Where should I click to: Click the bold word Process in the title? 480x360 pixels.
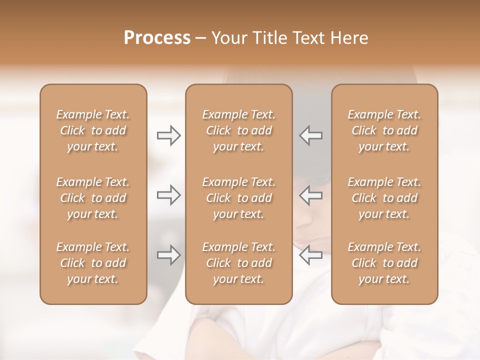point(157,38)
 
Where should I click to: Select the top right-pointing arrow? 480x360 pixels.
point(168,135)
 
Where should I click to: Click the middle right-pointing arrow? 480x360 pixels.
point(168,195)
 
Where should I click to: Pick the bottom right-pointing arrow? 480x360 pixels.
point(168,255)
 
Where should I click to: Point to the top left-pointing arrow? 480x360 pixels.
point(310,135)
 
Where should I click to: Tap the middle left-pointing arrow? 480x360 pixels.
point(310,195)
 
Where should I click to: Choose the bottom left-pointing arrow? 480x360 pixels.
point(310,255)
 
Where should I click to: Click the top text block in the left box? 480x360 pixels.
point(93,130)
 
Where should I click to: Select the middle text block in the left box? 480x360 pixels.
point(93,198)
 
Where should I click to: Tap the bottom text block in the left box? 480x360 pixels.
point(93,263)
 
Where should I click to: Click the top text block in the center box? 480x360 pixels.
point(239,130)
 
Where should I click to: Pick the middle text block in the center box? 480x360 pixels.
point(239,198)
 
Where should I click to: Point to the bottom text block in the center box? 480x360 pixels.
point(239,263)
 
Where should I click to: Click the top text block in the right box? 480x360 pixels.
point(384,130)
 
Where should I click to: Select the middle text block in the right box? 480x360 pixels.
point(384,198)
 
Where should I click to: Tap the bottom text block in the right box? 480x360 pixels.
point(384,263)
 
